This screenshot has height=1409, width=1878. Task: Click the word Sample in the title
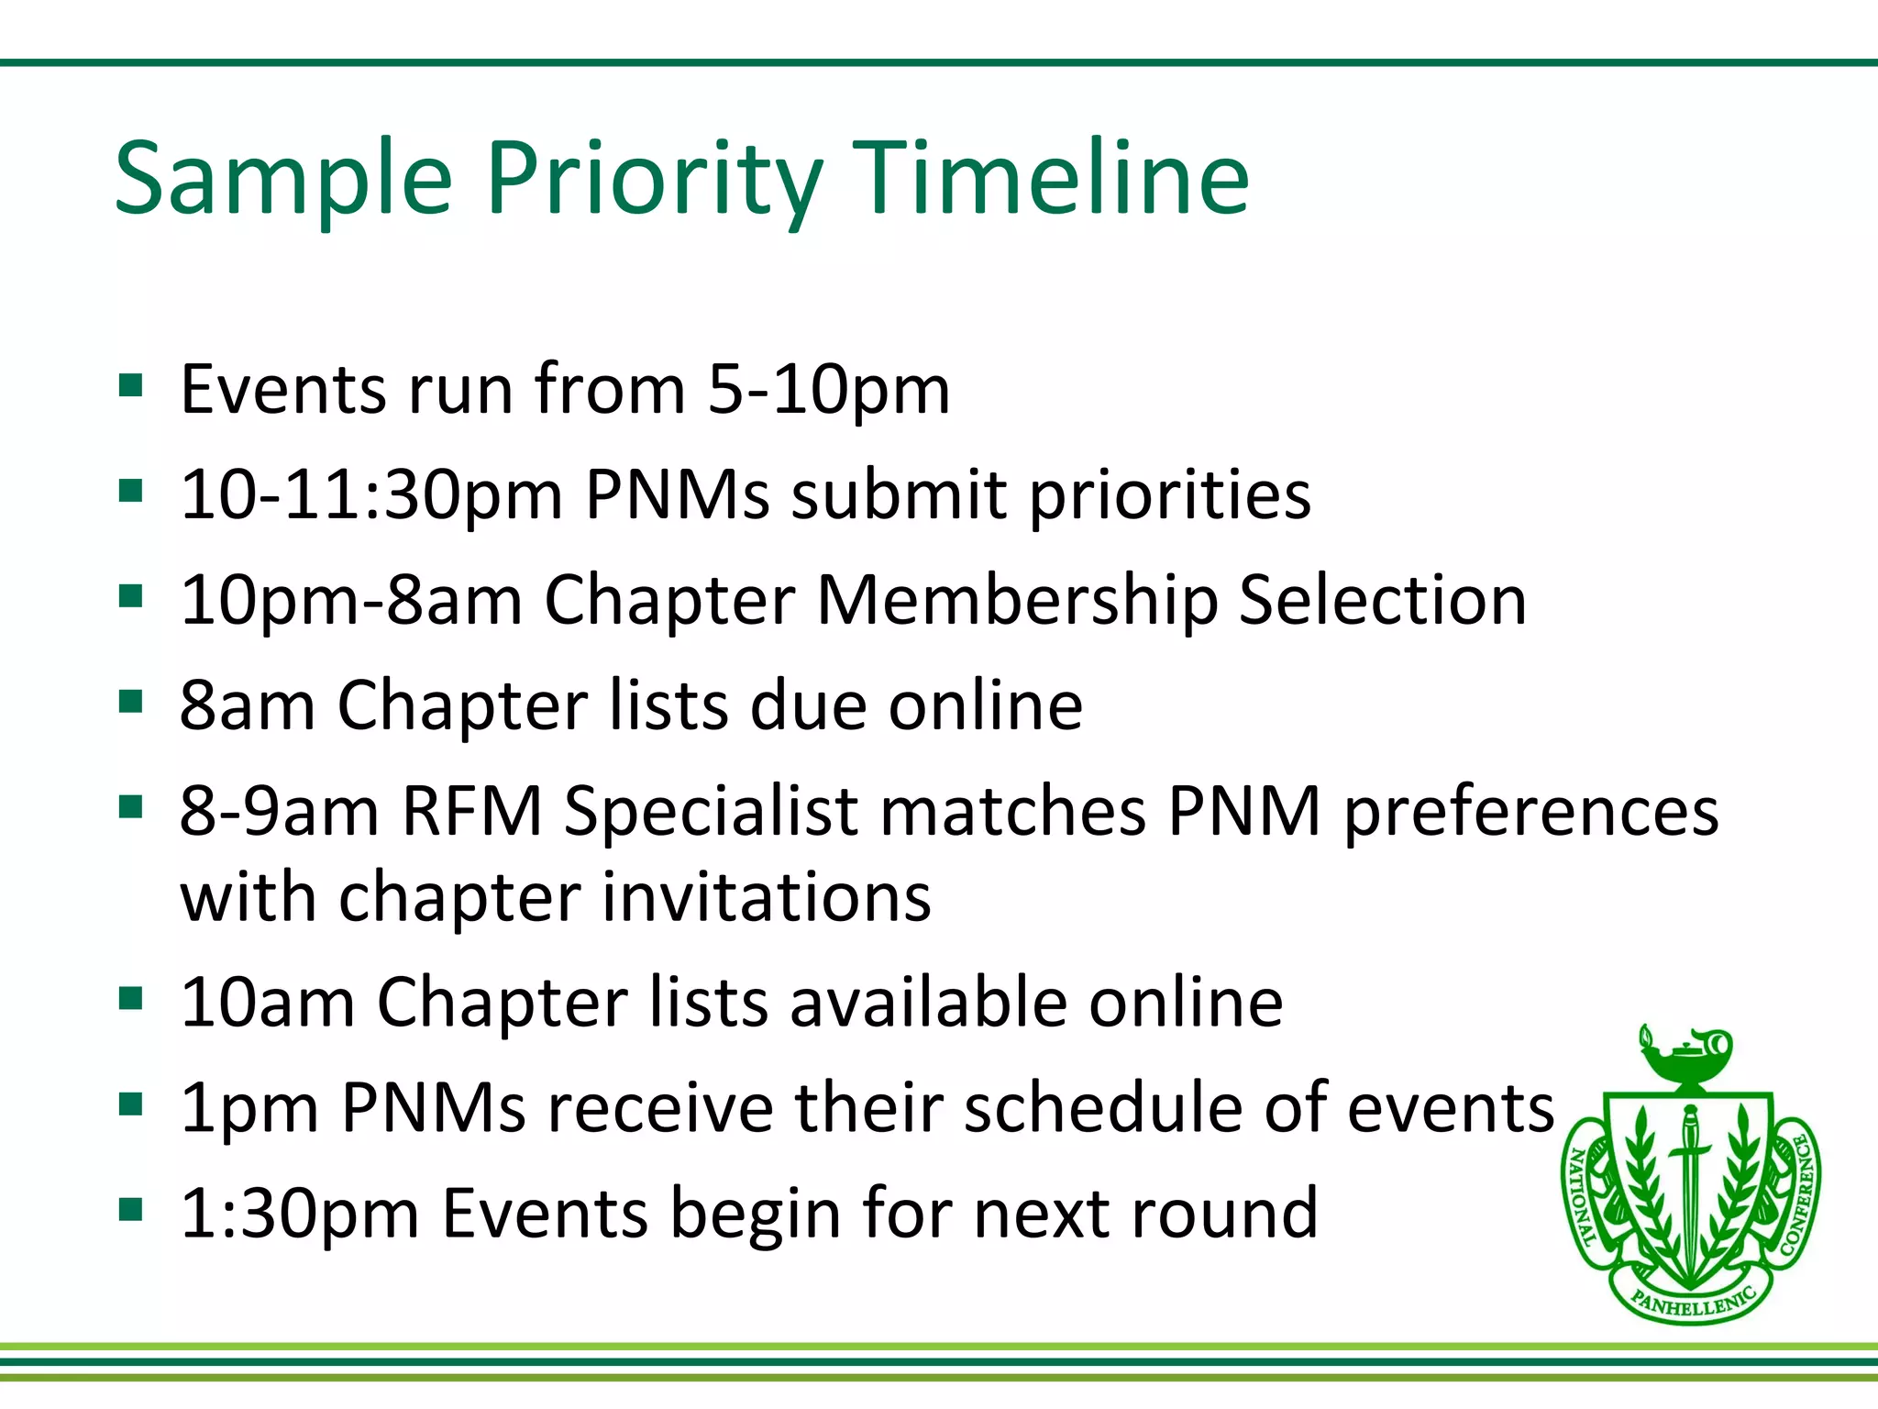coord(284,179)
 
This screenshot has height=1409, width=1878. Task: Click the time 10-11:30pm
coord(371,495)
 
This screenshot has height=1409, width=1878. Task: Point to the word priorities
coord(1170,495)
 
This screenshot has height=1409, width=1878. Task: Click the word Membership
coord(1017,601)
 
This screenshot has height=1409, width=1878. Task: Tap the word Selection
coord(1382,601)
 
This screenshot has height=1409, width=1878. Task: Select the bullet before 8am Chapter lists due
coord(131,702)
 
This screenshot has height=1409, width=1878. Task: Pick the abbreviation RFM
coord(472,812)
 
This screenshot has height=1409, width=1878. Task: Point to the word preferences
coord(1530,812)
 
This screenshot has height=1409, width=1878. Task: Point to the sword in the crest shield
coord(1688,1183)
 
